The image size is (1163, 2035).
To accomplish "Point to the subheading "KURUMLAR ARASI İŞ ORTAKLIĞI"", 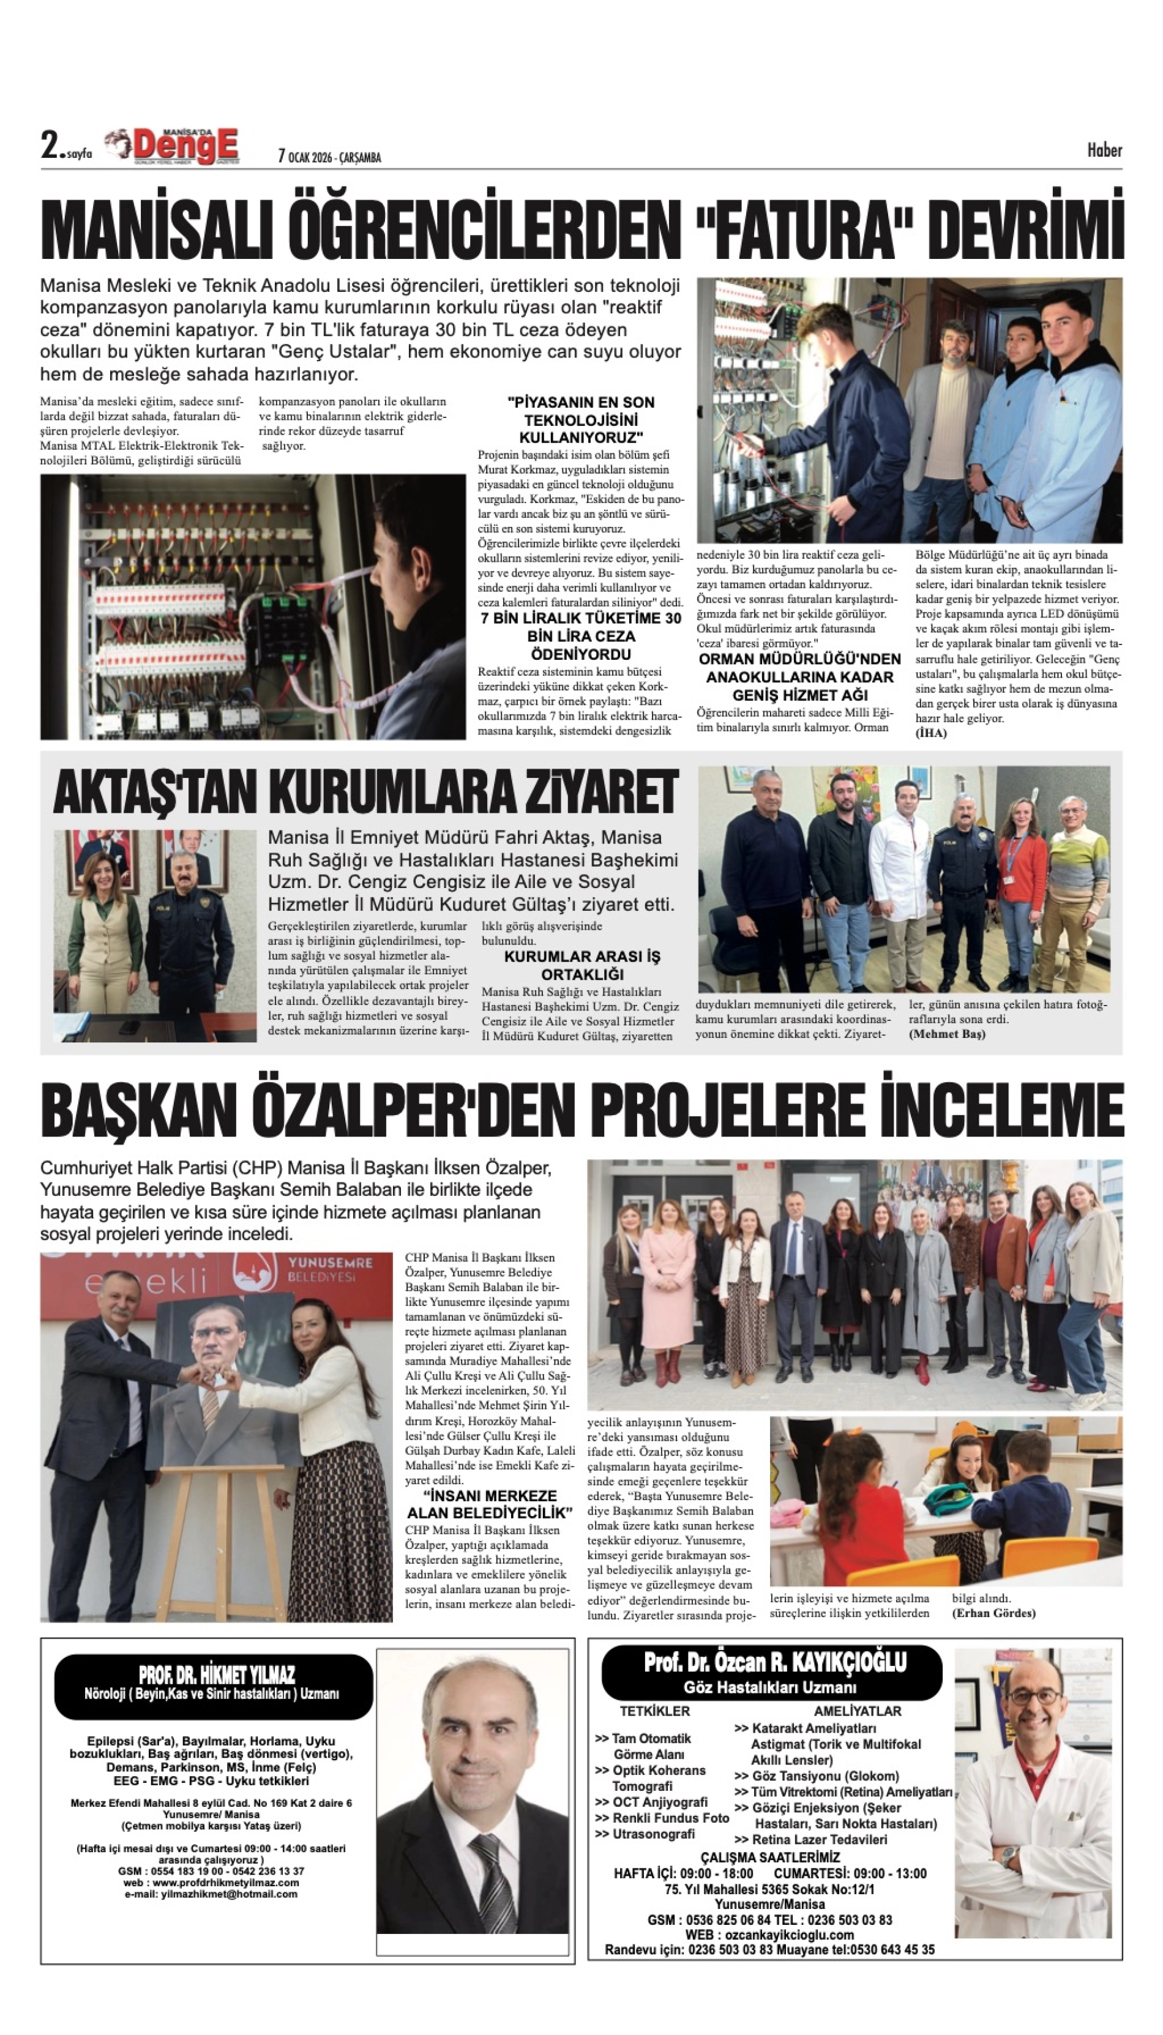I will pyautogui.click(x=581, y=965).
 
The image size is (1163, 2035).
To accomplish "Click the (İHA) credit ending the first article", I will pyautogui.click(x=930, y=733).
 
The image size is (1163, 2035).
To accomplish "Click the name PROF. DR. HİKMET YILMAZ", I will pyautogui.click(x=217, y=1676).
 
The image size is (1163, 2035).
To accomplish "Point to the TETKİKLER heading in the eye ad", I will pyautogui.click(x=655, y=1711).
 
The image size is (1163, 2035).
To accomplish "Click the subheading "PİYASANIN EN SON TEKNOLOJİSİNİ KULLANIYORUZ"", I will pyautogui.click(x=581, y=419).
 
